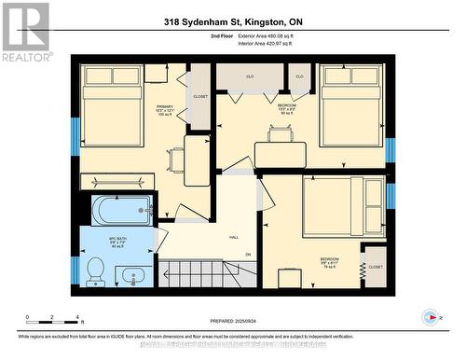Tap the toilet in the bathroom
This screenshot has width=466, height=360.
[94, 270]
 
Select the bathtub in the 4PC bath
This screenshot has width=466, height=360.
[121, 211]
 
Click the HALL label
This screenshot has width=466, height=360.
[234, 238]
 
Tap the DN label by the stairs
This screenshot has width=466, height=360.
[247, 255]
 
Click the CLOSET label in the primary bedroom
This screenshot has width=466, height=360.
[200, 96]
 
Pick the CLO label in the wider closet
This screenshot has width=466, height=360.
[250, 76]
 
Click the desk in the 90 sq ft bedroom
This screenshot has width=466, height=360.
[280, 134]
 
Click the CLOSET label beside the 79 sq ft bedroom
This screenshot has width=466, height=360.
[375, 267]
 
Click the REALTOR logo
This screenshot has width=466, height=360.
[25, 32]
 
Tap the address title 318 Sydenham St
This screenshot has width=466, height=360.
[233, 21]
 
